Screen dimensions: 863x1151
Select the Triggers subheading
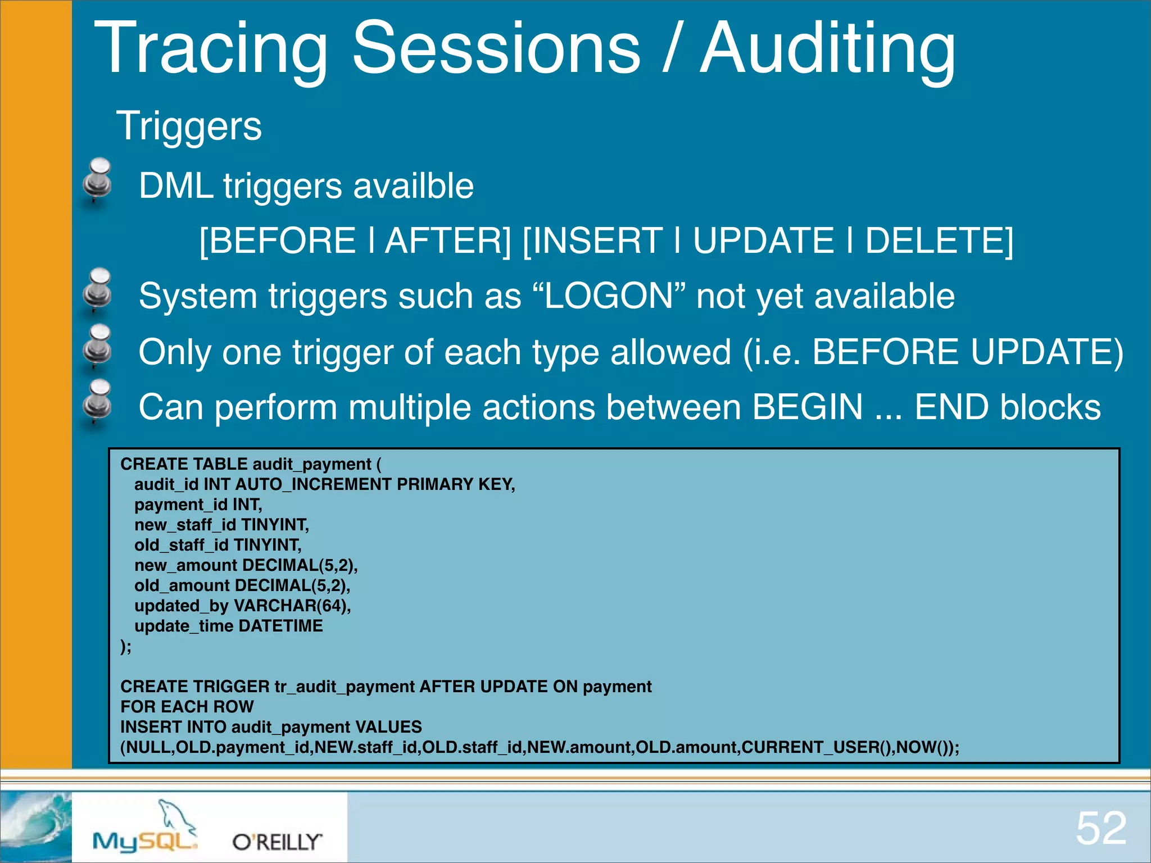click(x=189, y=126)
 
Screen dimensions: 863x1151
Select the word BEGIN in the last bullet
click(x=807, y=407)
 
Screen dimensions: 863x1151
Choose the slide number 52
click(x=1100, y=828)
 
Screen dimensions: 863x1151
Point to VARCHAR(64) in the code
click(x=292, y=606)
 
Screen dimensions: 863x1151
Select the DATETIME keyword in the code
click(x=280, y=626)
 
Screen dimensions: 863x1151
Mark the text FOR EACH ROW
click(x=187, y=707)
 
